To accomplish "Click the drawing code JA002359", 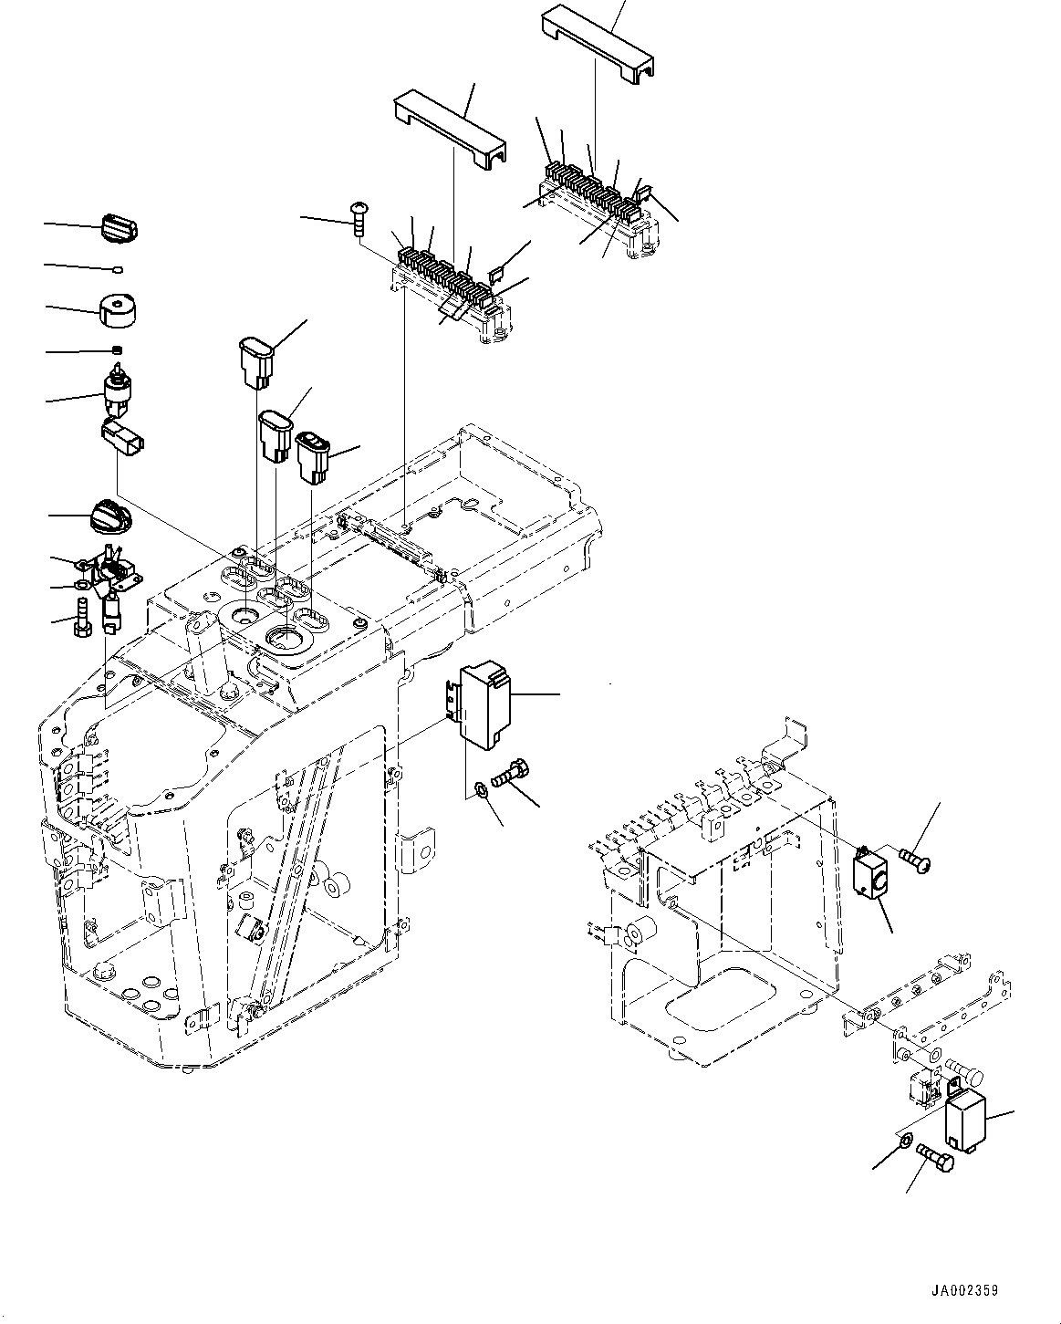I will click(x=964, y=1291).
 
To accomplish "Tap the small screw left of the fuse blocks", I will click(x=357, y=219).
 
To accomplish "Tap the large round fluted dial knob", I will click(x=109, y=517).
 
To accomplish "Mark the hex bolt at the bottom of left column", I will click(x=82, y=620).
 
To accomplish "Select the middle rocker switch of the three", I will click(x=275, y=436).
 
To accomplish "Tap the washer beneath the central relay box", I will click(x=481, y=788).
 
